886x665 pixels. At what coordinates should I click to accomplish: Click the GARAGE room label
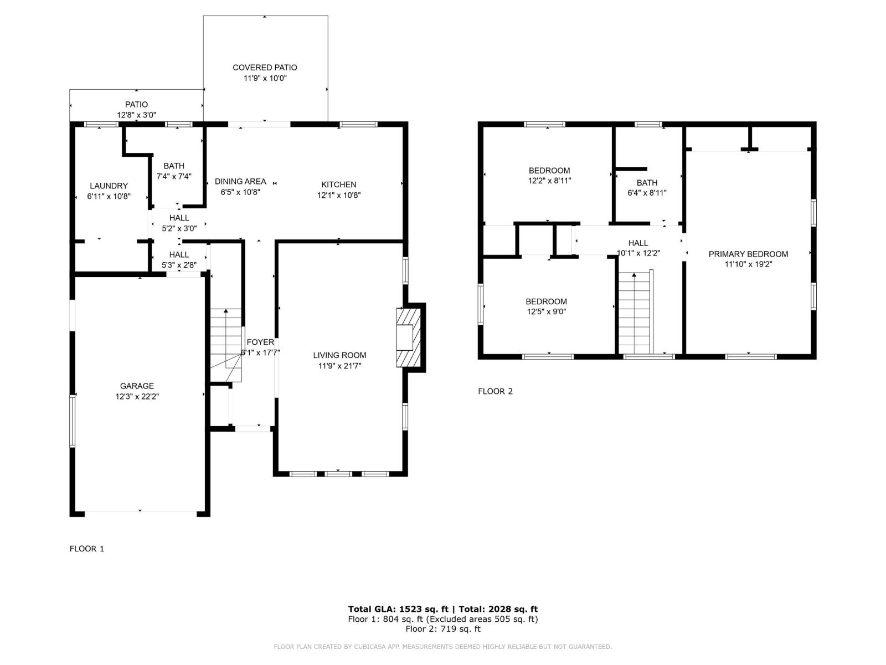(x=137, y=386)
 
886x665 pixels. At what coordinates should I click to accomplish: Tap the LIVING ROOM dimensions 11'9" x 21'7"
(x=339, y=366)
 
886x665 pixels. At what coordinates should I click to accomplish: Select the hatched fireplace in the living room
(x=408, y=337)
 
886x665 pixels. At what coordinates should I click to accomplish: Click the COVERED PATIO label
(x=265, y=68)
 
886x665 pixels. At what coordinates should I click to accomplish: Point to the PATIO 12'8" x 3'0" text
(x=136, y=115)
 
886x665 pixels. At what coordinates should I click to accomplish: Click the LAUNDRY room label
(x=109, y=186)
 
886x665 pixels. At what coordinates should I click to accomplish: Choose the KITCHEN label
(x=339, y=185)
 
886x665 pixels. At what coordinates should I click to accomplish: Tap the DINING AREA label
(x=240, y=181)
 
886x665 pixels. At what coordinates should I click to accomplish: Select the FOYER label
(x=260, y=342)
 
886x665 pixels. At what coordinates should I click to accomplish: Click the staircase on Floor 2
(x=633, y=313)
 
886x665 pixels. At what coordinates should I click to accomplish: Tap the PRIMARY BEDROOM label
(x=748, y=254)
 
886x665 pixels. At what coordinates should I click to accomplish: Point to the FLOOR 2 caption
(x=495, y=391)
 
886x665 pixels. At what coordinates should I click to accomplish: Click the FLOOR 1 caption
(x=87, y=549)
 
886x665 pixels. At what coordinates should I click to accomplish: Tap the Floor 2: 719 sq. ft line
(x=442, y=629)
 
